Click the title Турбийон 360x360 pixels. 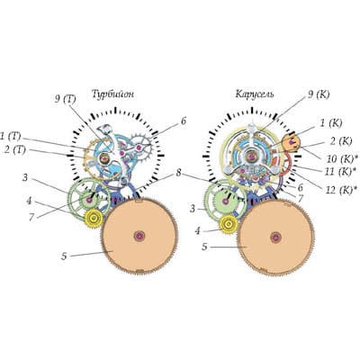(x=112, y=94)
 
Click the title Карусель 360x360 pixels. (x=255, y=94)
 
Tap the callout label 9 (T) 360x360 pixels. (x=65, y=99)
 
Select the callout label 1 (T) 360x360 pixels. (x=11, y=137)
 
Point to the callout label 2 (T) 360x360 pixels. (x=15, y=149)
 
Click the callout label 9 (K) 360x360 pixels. (x=319, y=94)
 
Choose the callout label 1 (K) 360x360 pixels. (x=330, y=123)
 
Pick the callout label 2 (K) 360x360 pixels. (x=341, y=141)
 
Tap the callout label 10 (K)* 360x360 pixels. (x=340, y=158)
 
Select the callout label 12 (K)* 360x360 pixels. (x=342, y=190)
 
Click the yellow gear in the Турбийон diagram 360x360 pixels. (x=94, y=217)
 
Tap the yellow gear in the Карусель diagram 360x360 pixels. (x=229, y=224)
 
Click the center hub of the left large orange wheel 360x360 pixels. (x=139, y=236)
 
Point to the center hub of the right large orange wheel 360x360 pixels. (x=275, y=238)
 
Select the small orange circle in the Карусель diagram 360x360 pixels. (x=292, y=143)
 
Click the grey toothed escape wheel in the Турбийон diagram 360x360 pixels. (x=139, y=148)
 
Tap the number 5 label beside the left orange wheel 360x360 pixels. (x=64, y=256)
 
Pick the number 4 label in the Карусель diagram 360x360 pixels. (x=197, y=231)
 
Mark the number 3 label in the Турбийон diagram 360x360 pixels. (x=25, y=177)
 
